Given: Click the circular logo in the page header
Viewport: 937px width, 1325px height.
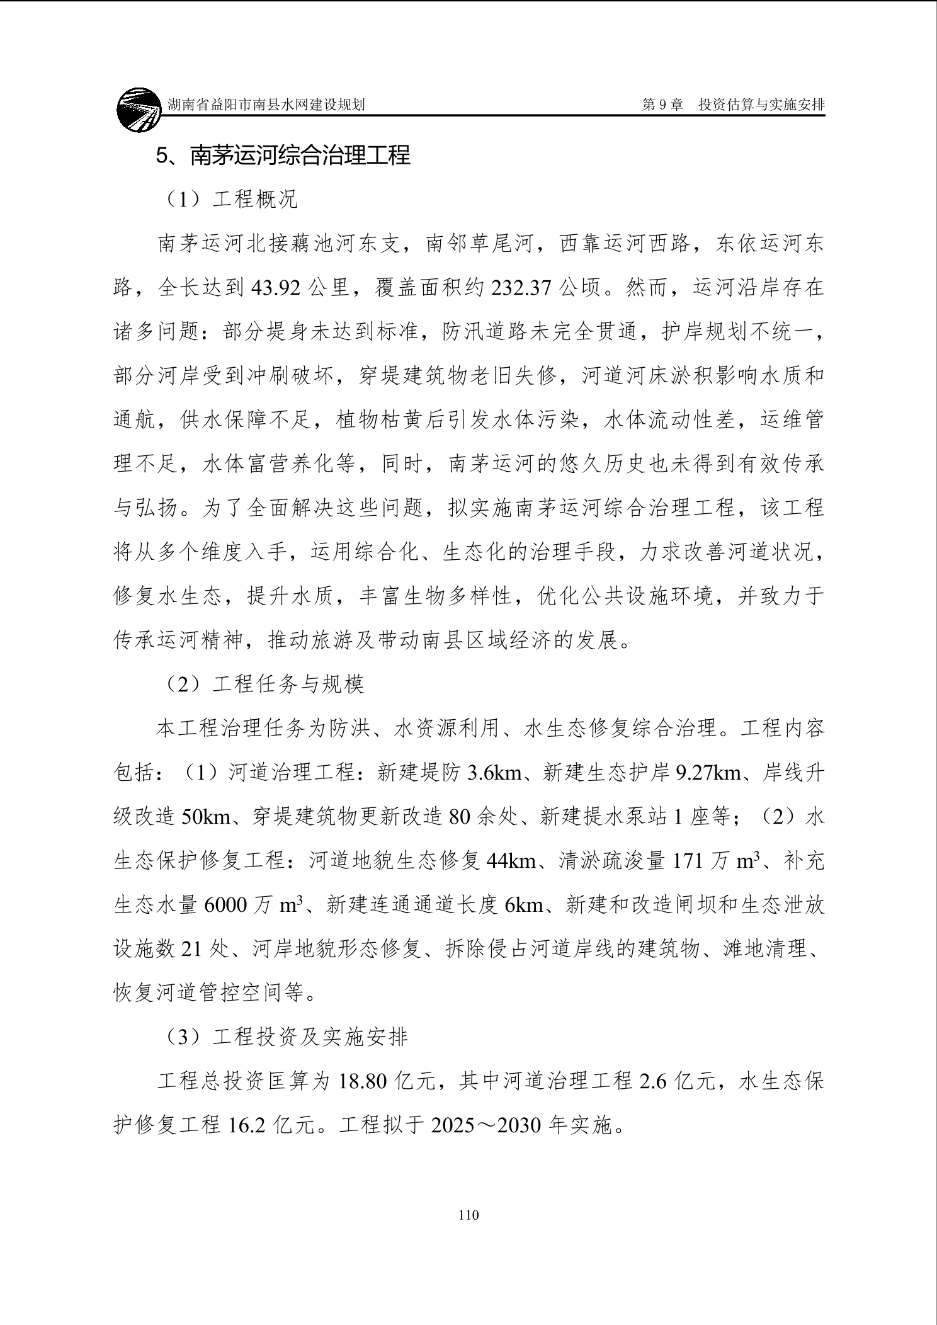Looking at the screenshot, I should (x=139, y=110).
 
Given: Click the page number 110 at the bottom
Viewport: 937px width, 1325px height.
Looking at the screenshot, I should (x=469, y=1215).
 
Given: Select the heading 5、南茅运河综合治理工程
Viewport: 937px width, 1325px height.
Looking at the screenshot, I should (x=283, y=155).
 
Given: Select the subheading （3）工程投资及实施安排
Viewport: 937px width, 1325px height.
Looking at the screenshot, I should (x=284, y=1037).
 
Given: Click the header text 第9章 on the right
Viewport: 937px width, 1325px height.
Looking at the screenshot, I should (x=662, y=105).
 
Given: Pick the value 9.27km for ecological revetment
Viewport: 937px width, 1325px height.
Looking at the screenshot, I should (x=708, y=773).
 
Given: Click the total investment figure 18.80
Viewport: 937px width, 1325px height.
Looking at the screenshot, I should (x=365, y=1081).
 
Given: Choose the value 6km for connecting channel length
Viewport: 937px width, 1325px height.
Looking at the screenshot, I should (x=524, y=905).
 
